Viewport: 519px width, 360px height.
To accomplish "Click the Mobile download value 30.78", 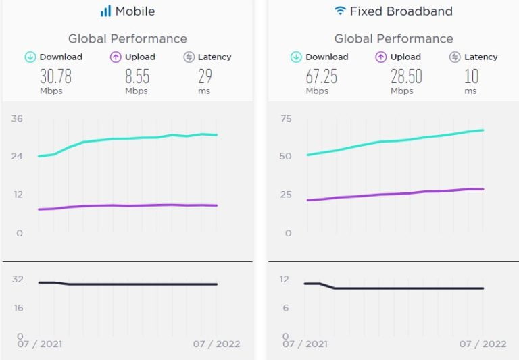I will pos(55,76).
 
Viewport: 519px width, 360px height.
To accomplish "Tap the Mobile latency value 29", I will pos(204,76).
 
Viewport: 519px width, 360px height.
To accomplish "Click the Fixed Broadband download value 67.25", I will pos(321,76).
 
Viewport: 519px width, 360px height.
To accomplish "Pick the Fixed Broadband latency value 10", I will pos(470,76).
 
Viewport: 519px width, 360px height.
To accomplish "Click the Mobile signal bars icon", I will pos(105,11).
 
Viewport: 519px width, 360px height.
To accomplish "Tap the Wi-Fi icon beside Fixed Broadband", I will pos(340,11).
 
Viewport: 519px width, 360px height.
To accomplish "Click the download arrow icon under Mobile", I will pos(30,57).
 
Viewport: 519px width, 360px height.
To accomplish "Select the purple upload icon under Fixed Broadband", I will pos(380,57).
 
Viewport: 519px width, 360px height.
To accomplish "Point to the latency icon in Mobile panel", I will pos(189,57).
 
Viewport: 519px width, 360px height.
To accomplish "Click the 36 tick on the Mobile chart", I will pos(17,119).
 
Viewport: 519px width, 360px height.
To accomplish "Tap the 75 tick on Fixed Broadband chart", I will pos(285,119).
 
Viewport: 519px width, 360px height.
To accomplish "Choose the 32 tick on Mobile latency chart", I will pos(17,278).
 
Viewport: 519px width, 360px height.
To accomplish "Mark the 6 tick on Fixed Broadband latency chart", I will pos(285,307).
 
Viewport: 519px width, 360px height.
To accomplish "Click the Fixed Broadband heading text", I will pos(401,11).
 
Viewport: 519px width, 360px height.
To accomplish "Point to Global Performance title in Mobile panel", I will pos(128,38).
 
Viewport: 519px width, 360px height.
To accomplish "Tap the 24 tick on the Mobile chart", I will pos(17,156).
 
